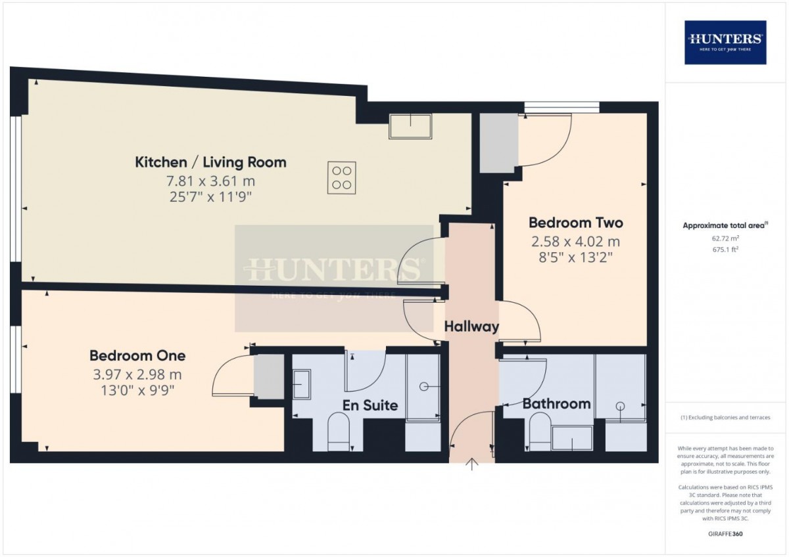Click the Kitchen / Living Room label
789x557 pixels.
(x=210, y=162)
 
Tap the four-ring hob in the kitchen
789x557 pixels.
(x=341, y=178)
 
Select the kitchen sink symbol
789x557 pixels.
(x=410, y=126)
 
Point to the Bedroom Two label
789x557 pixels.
(x=575, y=223)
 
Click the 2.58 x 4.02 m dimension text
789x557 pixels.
(x=575, y=242)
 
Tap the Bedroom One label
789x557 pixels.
(x=137, y=355)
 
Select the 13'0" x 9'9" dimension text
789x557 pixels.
(x=137, y=390)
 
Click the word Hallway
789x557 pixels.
(x=471, y=326)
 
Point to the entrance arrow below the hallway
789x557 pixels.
(x=471, y=464)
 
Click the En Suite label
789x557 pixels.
(x=370, y=405)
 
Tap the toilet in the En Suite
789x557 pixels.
(x=338, y=432)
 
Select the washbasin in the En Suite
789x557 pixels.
(x=302, y=384)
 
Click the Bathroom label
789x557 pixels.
(x=556, y=403)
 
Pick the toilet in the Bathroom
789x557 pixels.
(x=540, y=432)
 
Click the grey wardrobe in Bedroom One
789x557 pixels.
(x=269, y=376)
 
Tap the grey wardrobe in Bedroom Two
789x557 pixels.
(x=499, y=143)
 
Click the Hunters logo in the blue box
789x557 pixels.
(x=725, y=42)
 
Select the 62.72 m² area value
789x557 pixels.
(x=725, y=238)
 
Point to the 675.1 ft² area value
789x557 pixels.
(x=725, y=250)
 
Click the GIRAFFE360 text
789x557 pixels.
(x=725, y=534)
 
